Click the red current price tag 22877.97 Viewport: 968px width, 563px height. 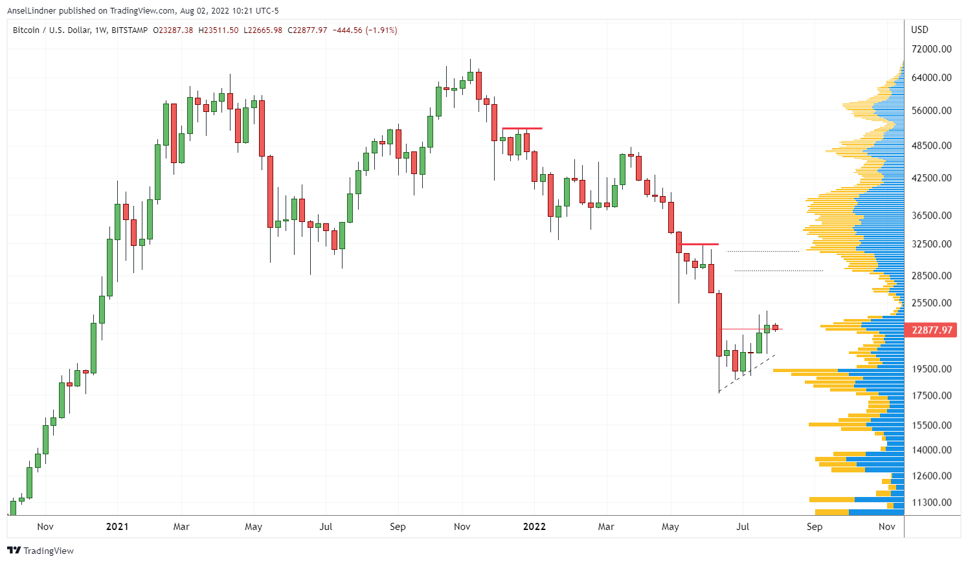[932, 330]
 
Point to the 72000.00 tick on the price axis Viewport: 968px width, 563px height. [931, 49]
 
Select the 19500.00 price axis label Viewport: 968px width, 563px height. [931, 369]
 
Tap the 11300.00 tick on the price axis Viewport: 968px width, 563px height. [931, 502]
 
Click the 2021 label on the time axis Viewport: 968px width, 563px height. [117, 527]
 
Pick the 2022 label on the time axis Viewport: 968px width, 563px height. [534, 527]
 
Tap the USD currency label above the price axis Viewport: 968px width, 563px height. [919, 30]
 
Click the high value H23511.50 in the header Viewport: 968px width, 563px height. [218, 30]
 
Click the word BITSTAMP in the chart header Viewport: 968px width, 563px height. [129, 30]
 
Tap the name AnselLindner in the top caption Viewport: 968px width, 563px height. [31, 11]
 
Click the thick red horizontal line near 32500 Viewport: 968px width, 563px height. [700, 244]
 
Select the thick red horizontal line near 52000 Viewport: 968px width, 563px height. [522, 129]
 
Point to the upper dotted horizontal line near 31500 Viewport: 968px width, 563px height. [763, 251]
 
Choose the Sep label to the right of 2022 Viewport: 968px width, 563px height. [815, 527]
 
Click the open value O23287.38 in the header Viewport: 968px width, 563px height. [173, 30]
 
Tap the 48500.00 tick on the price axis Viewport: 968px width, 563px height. [931, 146]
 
